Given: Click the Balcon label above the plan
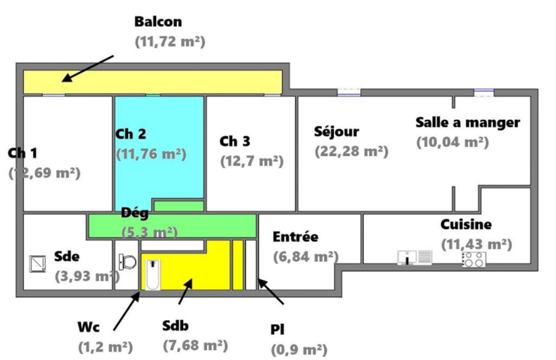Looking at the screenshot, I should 158,22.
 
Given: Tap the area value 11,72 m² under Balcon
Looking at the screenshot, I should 170,42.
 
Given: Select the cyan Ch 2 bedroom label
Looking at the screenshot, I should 131,134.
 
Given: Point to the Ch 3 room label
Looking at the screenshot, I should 235,141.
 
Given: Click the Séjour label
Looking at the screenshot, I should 336,132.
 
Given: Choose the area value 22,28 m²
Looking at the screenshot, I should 351,151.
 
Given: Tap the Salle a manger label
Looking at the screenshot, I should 467,121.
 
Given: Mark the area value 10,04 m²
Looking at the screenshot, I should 452,140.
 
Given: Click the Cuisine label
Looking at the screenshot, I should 466,224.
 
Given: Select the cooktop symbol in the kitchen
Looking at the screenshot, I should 473,259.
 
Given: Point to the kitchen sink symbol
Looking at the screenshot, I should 415,258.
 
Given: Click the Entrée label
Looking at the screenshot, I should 295,237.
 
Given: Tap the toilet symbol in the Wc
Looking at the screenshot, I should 126,262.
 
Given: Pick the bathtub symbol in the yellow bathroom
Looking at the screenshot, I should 152,274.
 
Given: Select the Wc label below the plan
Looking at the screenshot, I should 88,327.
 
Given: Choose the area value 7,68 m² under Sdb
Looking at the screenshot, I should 195,346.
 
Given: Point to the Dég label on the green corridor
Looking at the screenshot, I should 134,213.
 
